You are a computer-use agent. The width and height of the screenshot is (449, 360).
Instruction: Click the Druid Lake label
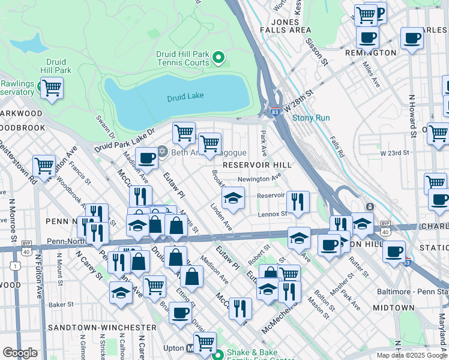[x=185, y=96]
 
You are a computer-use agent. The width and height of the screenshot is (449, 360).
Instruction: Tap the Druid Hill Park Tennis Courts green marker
[x=218, y=58]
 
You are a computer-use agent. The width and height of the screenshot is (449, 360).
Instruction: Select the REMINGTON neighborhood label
[x=371, y=53]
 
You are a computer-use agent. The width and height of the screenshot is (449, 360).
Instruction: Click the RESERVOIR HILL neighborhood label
[x=257, y=165]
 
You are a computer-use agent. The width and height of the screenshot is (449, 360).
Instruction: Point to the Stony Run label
[x=311, y=118]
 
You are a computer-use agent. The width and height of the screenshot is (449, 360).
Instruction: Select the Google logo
[x=20, y=353]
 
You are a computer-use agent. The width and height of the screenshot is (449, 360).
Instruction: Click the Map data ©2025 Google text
[x=411, y=355]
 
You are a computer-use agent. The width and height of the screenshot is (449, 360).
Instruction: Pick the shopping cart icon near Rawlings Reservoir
[x=52, y=88]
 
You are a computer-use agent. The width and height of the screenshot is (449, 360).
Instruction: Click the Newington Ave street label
[x=259, y=178]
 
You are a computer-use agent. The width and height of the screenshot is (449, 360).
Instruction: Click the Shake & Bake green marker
[x=219, y=353]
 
